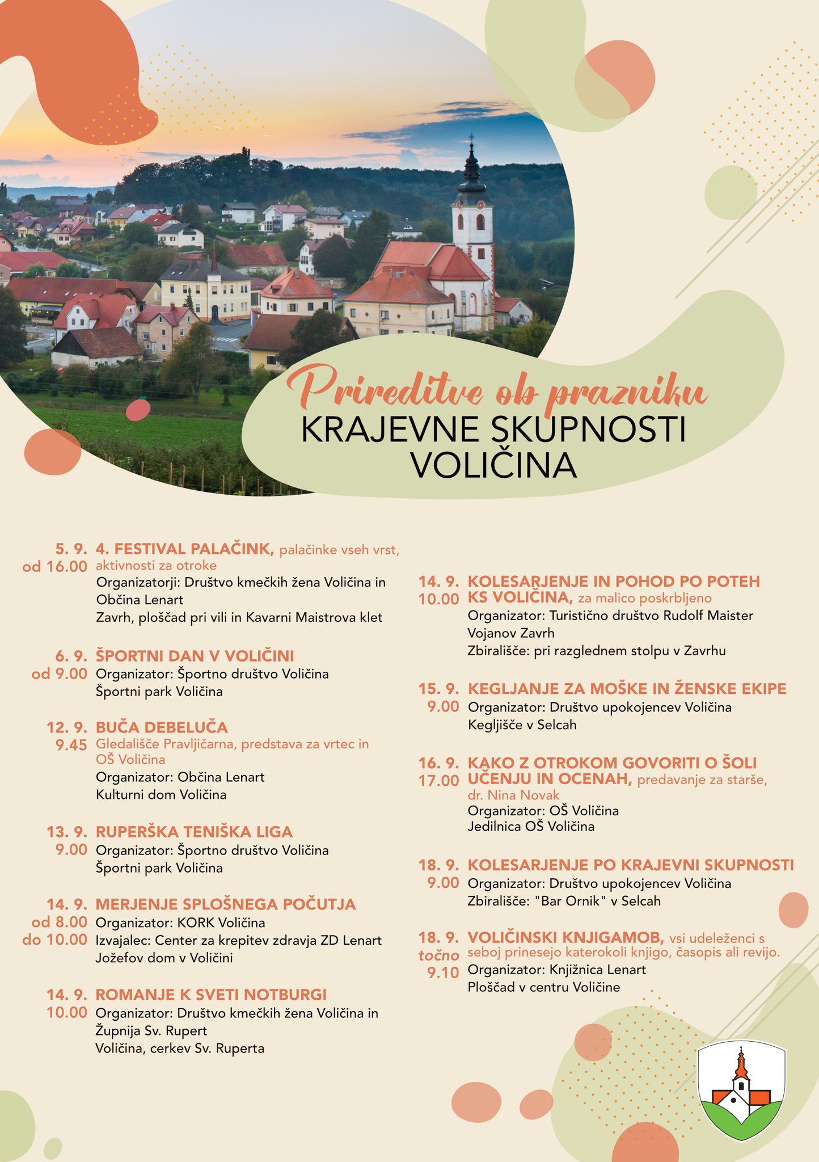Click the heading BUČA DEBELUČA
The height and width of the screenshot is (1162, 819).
coord(162,727)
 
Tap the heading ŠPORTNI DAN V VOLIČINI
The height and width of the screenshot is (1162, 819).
coord(195,656)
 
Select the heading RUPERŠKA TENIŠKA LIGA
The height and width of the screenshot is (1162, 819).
coord(194,832)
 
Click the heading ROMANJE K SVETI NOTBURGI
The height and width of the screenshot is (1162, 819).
coord(211,995)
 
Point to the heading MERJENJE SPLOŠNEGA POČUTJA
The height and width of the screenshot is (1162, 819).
coord(226,904)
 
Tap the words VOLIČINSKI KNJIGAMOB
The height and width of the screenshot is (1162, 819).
coord(565,937)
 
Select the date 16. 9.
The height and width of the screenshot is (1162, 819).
coord(438,763)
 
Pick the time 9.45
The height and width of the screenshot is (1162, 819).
coord(71,745)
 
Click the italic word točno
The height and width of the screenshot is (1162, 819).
coord(438,955)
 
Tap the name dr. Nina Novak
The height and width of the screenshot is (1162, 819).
coord(513,795)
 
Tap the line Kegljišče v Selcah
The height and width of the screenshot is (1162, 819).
coord(522,725)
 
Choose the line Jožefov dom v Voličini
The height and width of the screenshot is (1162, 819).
coord(164,958)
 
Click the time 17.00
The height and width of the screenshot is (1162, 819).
coord(438,781)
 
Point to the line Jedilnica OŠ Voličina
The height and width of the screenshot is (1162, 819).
coord(531,826)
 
